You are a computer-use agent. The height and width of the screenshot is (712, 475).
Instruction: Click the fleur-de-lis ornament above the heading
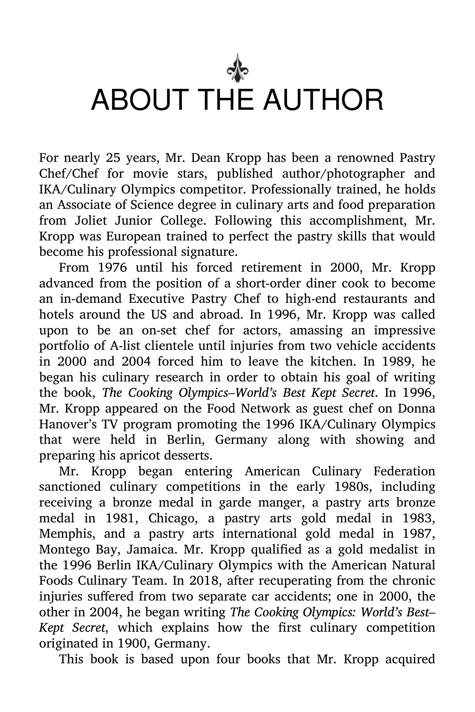(237, 68)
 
